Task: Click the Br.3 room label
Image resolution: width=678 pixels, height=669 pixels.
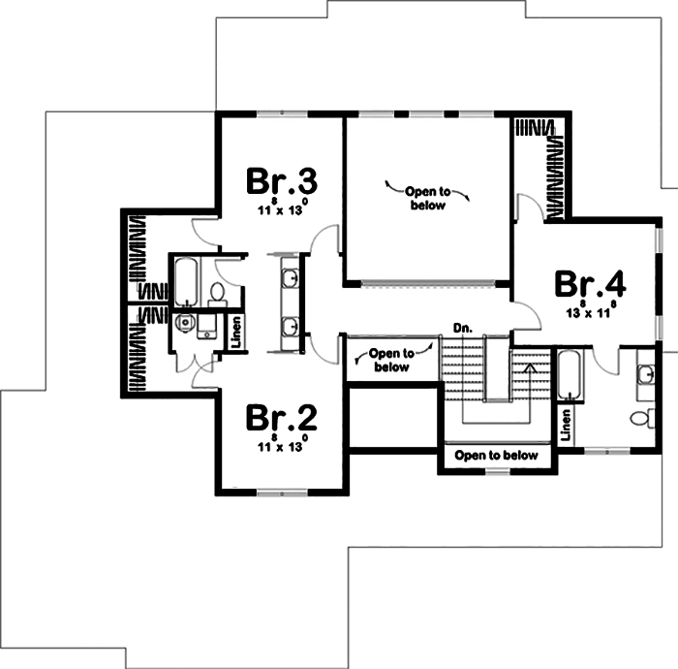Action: (x=282, y=181)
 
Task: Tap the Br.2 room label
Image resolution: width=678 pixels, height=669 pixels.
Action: (x=281, y=417)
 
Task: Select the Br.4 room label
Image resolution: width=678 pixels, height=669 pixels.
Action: (x=590, y=285)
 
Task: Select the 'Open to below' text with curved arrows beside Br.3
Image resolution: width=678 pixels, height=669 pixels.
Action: (x=427, y=199)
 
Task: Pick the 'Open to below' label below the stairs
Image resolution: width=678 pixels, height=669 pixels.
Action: (x=496, y=456)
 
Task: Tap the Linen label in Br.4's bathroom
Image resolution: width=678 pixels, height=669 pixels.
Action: (x=566, y=422)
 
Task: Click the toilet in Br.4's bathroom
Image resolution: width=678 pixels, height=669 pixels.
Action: (x=641, y=418)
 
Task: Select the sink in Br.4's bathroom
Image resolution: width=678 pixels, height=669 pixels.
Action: (x=644, y=374)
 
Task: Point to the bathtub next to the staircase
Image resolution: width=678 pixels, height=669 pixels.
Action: (x=569, y=375)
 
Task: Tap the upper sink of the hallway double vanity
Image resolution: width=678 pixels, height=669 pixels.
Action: (x=291, y=279)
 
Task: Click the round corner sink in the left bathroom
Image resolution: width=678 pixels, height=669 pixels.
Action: (x=183, y=324)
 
